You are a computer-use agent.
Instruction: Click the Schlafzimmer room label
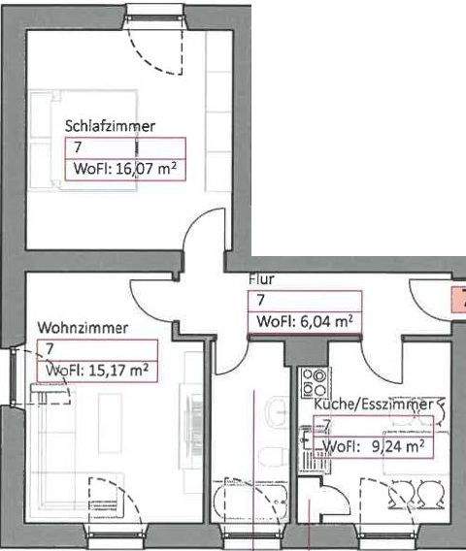(x=110, y=126)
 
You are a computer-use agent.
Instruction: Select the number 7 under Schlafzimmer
(x=78, y=147)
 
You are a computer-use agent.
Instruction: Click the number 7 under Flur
(x=260, y=301)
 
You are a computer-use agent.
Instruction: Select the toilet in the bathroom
(x=276, y=451)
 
